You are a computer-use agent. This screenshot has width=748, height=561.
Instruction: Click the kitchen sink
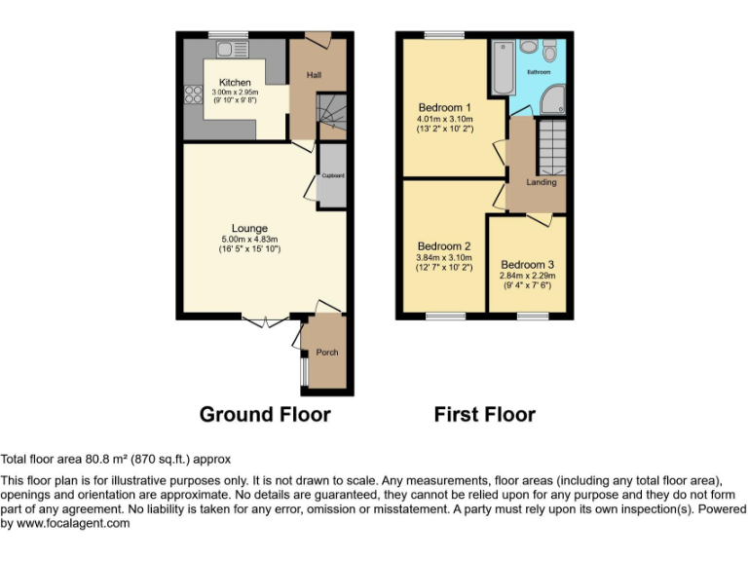click(233, 48)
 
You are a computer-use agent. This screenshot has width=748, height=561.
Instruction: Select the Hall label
click(315, 75)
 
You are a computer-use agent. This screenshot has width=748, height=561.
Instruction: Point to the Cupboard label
click(332, 176)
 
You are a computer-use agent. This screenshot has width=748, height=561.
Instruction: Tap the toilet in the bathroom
click(550, 50)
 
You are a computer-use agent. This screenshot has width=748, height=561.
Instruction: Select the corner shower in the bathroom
click(554, 98)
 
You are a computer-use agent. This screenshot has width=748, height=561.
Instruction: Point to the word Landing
click(542, 182)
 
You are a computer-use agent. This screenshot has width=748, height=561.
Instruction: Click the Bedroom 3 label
click(528, 265)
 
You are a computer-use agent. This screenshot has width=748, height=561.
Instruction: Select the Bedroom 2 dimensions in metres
click(444, 257)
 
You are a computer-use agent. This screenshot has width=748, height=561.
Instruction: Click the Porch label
click(326, 353)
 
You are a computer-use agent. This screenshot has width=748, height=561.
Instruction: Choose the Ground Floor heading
click(265, 414)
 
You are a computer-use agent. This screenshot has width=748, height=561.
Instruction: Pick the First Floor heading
click(485, 414)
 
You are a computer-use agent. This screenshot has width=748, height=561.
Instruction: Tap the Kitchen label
click(235, 83)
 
